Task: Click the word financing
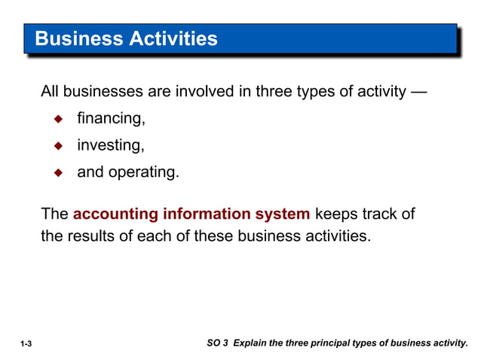tap(110, 119)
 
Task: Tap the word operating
tap(145, 172)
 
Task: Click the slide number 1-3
tap(26, 344)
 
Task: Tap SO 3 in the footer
tap(217, 343)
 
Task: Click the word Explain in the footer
tap(250, 343)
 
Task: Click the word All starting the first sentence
tap(50, 92)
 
